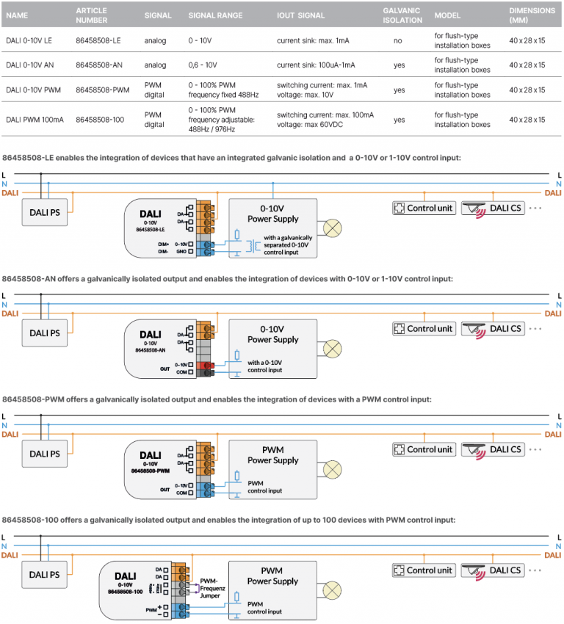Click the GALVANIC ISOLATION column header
point(402,15)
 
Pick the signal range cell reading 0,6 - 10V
point(206,65)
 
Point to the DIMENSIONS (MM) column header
point(532,15)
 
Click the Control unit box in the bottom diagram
point(424,570)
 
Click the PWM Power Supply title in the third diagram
point(272,455)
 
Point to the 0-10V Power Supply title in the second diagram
point(272,335)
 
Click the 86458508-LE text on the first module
point(150,230)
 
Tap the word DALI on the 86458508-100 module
point(126,576)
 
